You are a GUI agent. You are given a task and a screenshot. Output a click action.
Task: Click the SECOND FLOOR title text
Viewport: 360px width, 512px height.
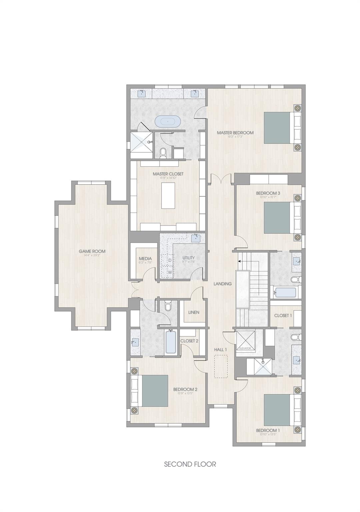(x=190, y=464)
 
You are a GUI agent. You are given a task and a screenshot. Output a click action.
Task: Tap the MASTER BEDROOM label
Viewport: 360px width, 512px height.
(x=235, y=133)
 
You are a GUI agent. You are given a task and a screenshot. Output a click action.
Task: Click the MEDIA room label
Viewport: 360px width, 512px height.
(x=145, y=259)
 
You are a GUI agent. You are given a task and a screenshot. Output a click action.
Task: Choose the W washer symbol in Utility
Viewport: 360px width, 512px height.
(x=170, y=272)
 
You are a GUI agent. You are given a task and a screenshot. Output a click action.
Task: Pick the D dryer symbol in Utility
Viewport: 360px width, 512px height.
(x=170, y=260)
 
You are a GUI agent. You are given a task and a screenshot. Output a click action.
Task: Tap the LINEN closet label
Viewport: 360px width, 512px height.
(x=194, y=312)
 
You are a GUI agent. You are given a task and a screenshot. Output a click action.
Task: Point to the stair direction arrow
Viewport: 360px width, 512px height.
(x=240, y=262)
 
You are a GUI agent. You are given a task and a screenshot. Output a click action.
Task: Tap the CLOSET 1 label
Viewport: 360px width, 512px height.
(x=283, y=315)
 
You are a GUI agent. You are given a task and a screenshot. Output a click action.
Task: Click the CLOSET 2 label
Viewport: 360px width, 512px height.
(x=189, y=341)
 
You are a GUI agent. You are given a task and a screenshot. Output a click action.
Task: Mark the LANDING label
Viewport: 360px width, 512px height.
(x=223, y=284)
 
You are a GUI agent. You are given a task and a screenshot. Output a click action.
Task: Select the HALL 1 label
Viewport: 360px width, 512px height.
(x=220, y=349)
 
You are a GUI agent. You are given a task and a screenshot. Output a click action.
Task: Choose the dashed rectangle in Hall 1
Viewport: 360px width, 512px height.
(x=221, y=366)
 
